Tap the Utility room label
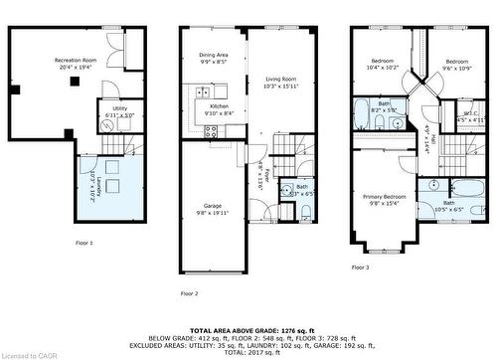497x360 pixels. click(x=118, y=111)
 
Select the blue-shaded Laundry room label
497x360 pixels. click(x=94, y=181)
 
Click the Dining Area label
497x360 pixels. click(x=213, y=58)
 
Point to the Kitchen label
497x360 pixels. click(x=219, y=109)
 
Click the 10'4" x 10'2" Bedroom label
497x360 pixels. click(x=384, y=65)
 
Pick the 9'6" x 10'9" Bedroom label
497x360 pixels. click(x=456, y=65)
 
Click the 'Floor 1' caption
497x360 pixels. click(x=83, y=243)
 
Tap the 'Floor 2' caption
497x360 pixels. click(x=189, y=293)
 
